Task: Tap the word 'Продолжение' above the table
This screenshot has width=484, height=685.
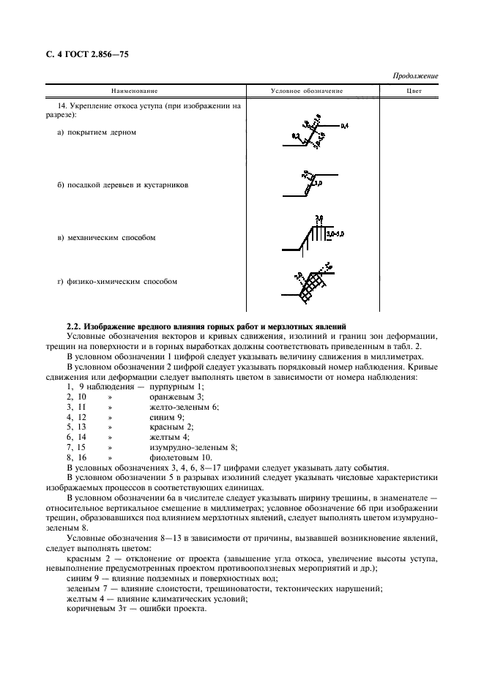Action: tap(415, 76)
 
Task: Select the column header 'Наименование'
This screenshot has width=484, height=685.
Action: tap(134, 91)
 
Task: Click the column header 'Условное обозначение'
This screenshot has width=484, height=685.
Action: tap(307, 91)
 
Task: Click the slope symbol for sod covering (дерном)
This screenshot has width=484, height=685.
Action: tap(310, 132)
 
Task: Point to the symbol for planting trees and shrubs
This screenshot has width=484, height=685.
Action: tap(310, 184)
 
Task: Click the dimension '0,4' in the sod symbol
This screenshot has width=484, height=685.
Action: tap(345, 126)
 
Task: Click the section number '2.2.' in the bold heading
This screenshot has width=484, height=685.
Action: tap(75, 325)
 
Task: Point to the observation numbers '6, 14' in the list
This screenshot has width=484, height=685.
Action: tap(77, 435)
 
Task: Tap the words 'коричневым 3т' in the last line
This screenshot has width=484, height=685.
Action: tap(92, 607)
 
